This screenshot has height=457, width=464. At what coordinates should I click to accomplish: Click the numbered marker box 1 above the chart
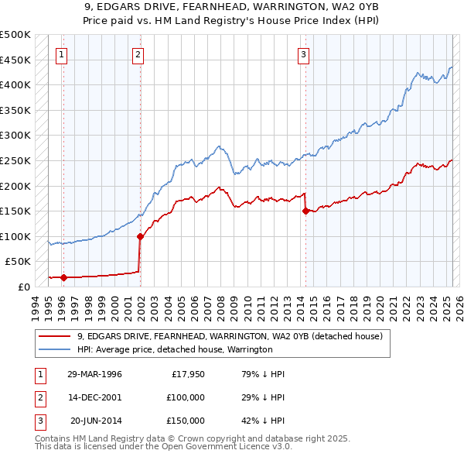61,54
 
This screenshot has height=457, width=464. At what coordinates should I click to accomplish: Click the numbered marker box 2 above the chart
138,54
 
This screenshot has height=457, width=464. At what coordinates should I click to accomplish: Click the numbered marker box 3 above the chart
304,54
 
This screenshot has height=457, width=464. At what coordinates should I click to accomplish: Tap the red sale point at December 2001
140,236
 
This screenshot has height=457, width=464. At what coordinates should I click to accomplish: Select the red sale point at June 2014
305,211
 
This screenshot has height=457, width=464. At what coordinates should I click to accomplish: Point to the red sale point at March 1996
63,277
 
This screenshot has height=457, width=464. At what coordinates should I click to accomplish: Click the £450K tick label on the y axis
15,60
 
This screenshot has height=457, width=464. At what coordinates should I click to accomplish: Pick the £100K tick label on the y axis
15,236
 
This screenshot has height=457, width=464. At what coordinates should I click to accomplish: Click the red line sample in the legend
56,336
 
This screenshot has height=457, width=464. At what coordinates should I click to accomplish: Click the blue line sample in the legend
56,349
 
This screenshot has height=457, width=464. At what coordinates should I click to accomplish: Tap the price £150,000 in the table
186,421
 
